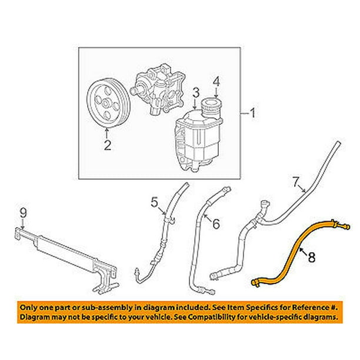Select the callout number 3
tap(196, 91)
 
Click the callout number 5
tap(154, 204)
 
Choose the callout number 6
tap(215, 223)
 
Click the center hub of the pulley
tap(106, 105)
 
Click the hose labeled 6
tap(197, 247)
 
